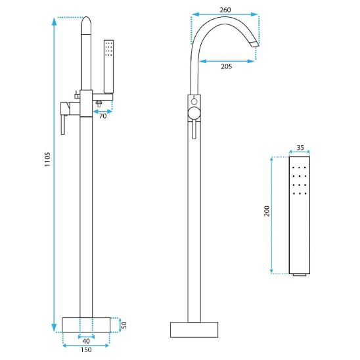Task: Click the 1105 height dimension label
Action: [x=47, y=159]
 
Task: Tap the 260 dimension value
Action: [x=225, y=10]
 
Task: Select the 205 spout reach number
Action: [x=227, y=66]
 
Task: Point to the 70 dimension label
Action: [x=103, y=116]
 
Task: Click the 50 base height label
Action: [x=124, y=325]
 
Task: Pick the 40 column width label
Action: [x=86, y=342]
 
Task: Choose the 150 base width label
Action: [x=86, y=350]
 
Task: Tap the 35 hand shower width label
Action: [x=300, y=148]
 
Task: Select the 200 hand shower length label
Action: [x=267, y=211]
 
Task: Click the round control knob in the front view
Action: [x=194, y=114]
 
